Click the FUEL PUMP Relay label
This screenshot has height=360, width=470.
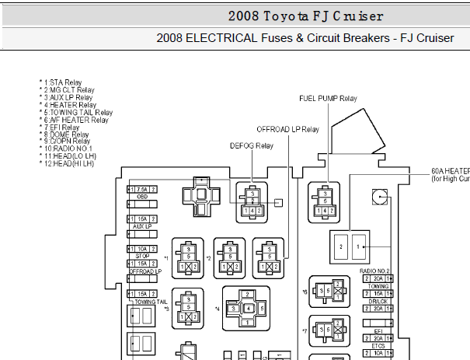pyautogui.click(x=327, y=98)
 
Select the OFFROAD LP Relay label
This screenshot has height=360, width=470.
pyautogui.click(x=287, y=129)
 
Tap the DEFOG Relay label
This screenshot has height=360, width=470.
pyautogui.click(x=251, y=145)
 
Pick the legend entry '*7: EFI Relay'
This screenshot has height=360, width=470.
pyautogui.click(x=61, y=128)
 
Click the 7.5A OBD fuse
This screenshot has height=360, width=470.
pyautogui.click(x=142, y=189)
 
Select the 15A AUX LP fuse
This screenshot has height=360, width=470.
pyautogui.click(x=142, y=219)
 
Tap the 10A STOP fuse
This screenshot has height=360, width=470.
pyautogui.click(x=142, y=248)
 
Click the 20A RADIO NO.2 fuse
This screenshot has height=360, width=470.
pyautogui.click(x=378, y=278)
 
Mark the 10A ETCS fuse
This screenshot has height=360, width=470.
pyautogui.click(x=378, y=353)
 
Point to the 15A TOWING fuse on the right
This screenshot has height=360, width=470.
pyautogui.click(x=378, y=293)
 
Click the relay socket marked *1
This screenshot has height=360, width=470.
pyautogui.click(x=187, y=257)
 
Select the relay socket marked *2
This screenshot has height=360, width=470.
pyautogui.click(x=229, y=257)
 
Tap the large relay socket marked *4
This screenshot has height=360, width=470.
pyautogui.click(x=247, y=308)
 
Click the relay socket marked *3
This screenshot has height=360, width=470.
pyautogui.click(x=187, y=309)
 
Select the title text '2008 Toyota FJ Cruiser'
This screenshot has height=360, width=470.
pyautogui.click(x=305, y=16)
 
